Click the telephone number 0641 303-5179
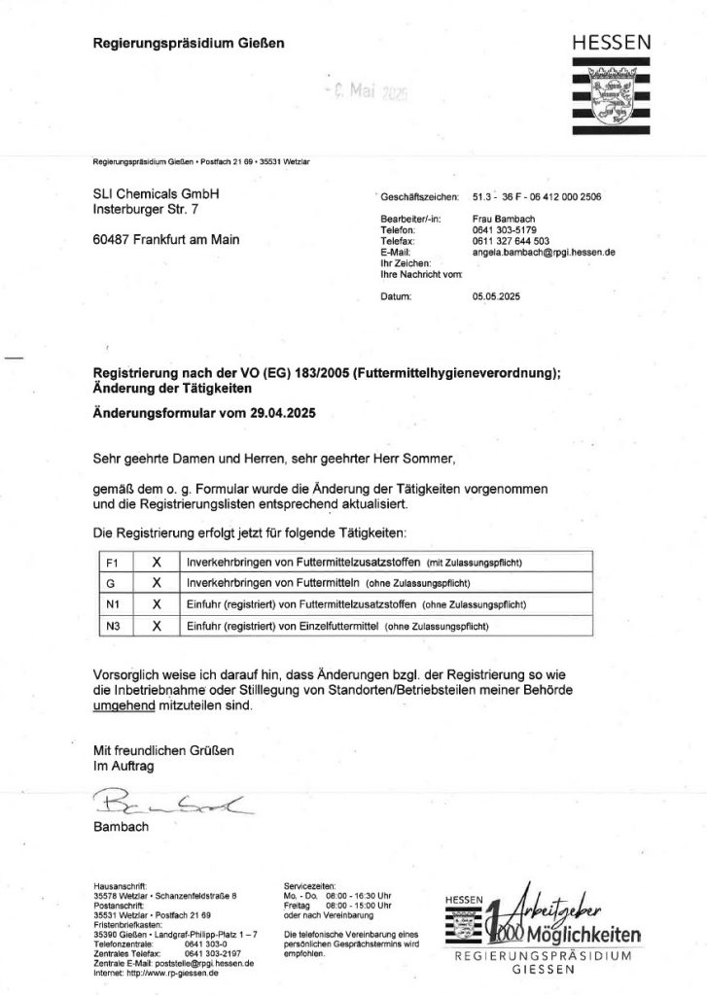[504, 230]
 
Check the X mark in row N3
[156, 626]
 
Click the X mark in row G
[156, 584]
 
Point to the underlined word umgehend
[124, 706]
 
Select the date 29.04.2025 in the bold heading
[281, 412]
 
